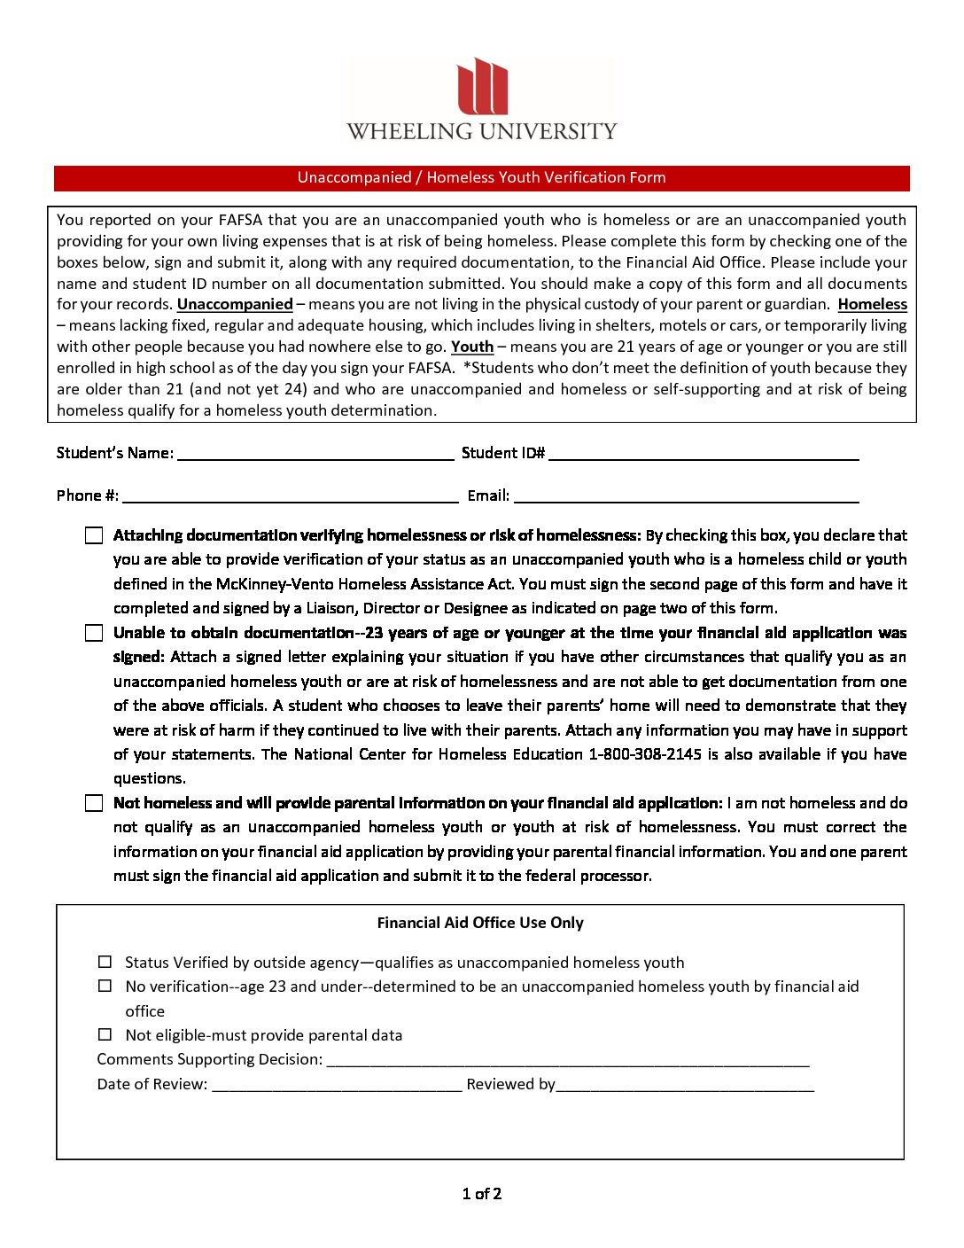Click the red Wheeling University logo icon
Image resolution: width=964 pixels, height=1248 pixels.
(482, 87)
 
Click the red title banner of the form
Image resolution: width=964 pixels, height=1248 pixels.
(482, 177)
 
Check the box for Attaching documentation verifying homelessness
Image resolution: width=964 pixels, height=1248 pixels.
(94, 535)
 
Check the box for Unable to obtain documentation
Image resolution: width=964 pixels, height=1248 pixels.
(94, 633)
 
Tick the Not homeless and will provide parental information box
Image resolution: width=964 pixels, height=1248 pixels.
(94, 803)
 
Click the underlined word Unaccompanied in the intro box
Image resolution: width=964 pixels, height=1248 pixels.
(235, 304)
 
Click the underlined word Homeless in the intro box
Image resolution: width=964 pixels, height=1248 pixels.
(872, 304)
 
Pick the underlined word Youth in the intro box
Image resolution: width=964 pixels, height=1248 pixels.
(472, 347)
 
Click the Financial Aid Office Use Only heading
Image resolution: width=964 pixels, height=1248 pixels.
(480, 923)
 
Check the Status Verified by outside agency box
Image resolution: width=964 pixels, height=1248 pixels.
(105, 962)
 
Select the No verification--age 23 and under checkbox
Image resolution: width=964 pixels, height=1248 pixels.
(105, 986)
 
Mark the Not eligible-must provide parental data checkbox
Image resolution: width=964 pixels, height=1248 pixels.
(105, 1034)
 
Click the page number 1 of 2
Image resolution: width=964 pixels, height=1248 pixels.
(482, 1194)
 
